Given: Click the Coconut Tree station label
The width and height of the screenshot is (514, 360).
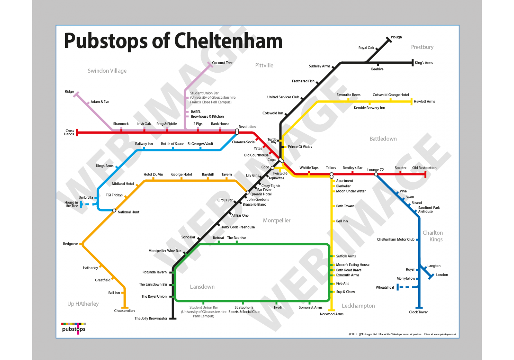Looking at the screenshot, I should click(x=222, y=63).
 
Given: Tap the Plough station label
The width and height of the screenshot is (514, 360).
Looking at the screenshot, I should click(x=396, y=37).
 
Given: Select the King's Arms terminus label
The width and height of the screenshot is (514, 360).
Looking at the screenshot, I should click(x=423, y=63).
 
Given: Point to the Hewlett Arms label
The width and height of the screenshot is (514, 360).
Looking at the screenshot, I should click(x=424, y=101).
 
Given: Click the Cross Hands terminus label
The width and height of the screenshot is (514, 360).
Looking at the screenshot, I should click(x=69, y=132).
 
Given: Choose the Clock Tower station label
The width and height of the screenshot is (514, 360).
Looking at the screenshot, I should click(x=418, y=312).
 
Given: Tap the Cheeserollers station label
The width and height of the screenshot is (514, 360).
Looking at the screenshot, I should click(x=125, y=310).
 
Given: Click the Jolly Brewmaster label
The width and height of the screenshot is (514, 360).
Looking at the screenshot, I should click(x=151, y=318).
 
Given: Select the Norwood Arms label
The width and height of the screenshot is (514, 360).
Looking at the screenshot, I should click(x=332, y=314).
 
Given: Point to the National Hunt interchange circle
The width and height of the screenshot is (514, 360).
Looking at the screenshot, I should click(x=114, y=211).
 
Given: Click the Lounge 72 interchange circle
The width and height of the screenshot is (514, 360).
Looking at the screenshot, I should click(x=376, y=174).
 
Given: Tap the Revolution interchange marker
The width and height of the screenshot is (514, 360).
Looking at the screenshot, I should click(x=237, y=131).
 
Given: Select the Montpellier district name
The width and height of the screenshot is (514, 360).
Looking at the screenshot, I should click(x=277, y=220).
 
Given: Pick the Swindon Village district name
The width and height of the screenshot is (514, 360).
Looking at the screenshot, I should click(x=107, y=71).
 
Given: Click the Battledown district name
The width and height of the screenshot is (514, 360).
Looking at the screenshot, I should click(x=383, y=139).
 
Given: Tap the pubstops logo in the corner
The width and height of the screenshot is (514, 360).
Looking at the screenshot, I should click(x=74, y=328).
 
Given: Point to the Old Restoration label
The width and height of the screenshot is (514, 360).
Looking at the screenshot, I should click(x=424, y=167).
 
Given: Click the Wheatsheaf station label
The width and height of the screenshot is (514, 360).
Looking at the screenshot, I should click(x=385, y=287).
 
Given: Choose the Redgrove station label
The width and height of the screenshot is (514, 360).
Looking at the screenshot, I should click(x=70, y=244).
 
